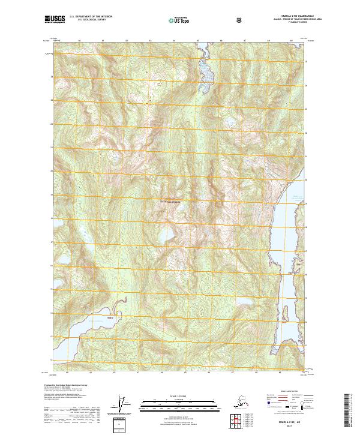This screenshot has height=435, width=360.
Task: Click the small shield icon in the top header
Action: pos(239,20)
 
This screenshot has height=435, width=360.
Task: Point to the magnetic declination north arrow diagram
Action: pos(123,405)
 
